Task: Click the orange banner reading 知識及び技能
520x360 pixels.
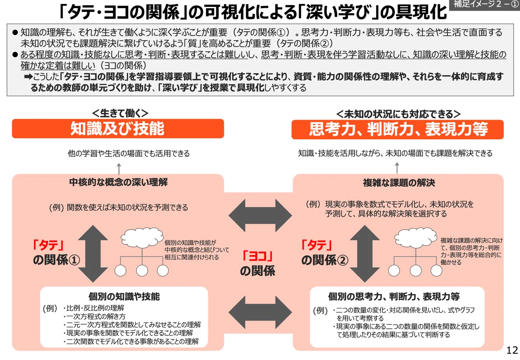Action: click(118, 129)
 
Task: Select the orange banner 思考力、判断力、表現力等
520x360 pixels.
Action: click(397, 130)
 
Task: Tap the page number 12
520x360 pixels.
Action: click(512, 350)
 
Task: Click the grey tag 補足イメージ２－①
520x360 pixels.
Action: click(484, 4)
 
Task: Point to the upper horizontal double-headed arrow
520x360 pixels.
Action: click(260, 215)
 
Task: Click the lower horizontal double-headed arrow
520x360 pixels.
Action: click(260, 312)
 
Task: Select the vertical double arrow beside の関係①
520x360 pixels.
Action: click(93, 253)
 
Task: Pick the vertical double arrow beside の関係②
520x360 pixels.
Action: click(365, 253)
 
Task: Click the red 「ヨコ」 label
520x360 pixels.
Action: click(257, 256)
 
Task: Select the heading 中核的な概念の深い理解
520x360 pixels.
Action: click(118, 182)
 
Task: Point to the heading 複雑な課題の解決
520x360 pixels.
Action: click(399, 183)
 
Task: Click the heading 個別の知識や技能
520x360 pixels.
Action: click(124, 296)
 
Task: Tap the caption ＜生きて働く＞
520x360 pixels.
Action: click(120, 113)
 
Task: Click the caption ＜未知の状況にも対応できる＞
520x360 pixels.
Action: click(398, 114)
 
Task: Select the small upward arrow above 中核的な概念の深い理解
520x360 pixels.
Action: click(119, 169)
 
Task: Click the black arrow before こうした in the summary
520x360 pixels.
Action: click(28, 77)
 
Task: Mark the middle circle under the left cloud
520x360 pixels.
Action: click(142, 271)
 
